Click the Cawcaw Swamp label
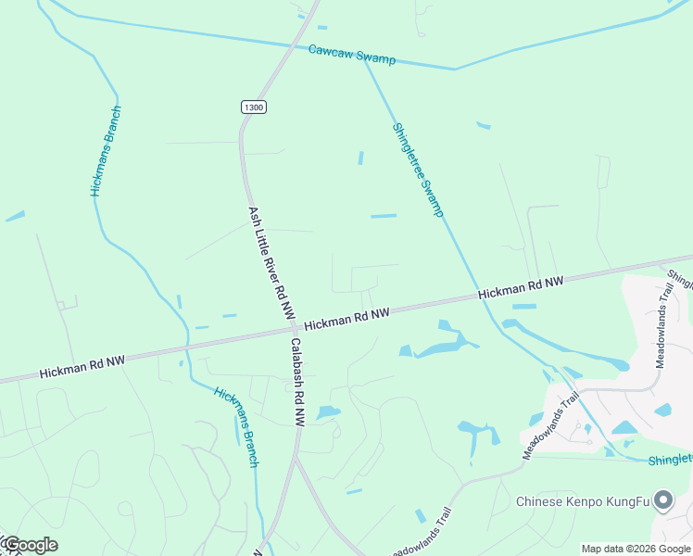coord(351,55)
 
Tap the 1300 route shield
coord(253,107)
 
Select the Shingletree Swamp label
coord(418,171)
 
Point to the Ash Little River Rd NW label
coord(271,262)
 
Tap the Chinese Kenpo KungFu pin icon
coord(663,501)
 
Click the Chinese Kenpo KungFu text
coord(583,502)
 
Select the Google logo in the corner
coord(30,545)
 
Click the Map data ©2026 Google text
coord(635,549)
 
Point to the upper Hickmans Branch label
coord(106,150)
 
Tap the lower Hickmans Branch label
coord(236,426)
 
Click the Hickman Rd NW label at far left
coord(82,366)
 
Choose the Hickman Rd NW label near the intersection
coord(346,319)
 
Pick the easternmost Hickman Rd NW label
coord(521,288)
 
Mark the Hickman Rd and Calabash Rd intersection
coord(294,328)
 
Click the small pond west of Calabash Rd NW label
coord(328,412)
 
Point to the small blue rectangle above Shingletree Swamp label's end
coord(384,216)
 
